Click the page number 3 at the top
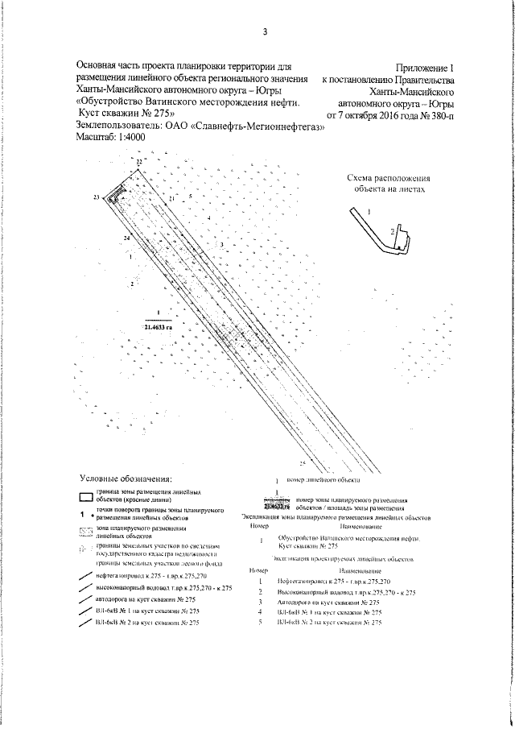coord(264,32)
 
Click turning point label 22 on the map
coord(138,163)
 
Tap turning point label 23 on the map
coord(96,197)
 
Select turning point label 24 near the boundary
coord(127,239)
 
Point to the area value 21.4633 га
coord(159,326)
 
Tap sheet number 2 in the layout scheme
coord(393,232)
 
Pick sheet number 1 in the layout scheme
coord(369,209)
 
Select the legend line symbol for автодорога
coord(81,601)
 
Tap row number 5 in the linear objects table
coord(262,623)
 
